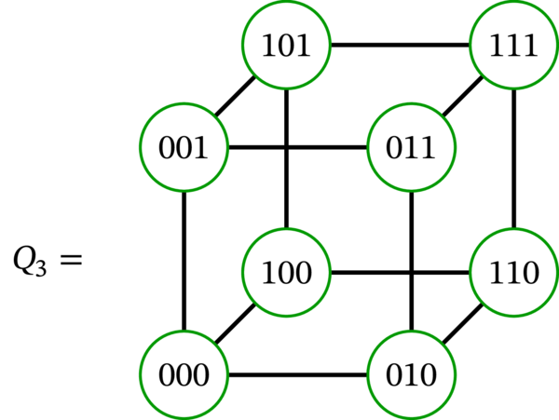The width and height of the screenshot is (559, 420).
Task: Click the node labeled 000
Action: pos(184,376)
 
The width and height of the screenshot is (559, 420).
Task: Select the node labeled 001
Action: pos(184,147)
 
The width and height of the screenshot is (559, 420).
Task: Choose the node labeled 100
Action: pos(286,273)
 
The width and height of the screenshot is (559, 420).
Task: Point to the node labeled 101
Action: pos(286,45)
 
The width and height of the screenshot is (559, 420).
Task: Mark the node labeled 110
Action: pos(514,273)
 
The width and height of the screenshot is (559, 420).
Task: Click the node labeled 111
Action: pos(514,45)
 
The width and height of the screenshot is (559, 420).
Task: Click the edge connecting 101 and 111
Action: pos(401,45)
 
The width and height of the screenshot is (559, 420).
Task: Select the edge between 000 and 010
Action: pos(298,376)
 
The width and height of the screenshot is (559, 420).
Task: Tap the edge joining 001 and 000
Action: pos(184,262)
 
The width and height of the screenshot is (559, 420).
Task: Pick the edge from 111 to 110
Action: pos(514,158)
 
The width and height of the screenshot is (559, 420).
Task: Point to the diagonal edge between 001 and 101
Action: pos(235,96)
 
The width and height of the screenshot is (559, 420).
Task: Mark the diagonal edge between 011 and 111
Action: pos(463,96)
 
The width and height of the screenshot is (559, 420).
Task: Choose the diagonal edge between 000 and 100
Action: pos(235,325)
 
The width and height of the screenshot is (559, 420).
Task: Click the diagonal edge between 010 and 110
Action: pos(463,325)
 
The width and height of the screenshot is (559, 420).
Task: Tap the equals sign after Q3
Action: pos(71,258)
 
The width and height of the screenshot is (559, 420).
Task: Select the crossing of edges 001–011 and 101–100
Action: pos(286,147)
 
